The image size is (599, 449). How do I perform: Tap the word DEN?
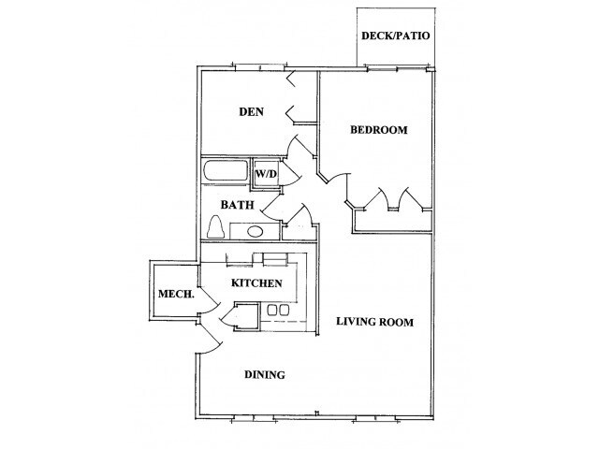[x=250, y=112]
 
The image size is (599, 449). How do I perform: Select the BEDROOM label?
[x=379, y=130]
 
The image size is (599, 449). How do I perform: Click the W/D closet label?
[x=266, y=173]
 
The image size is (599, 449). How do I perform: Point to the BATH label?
[x=234, y=204]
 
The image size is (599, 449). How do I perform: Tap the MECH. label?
[x=175, y=295]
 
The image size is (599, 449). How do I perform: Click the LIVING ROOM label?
[x=374, y=323]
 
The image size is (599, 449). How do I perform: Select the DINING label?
[x=265, y=375]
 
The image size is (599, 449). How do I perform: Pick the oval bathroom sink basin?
[x=254, y=229]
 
